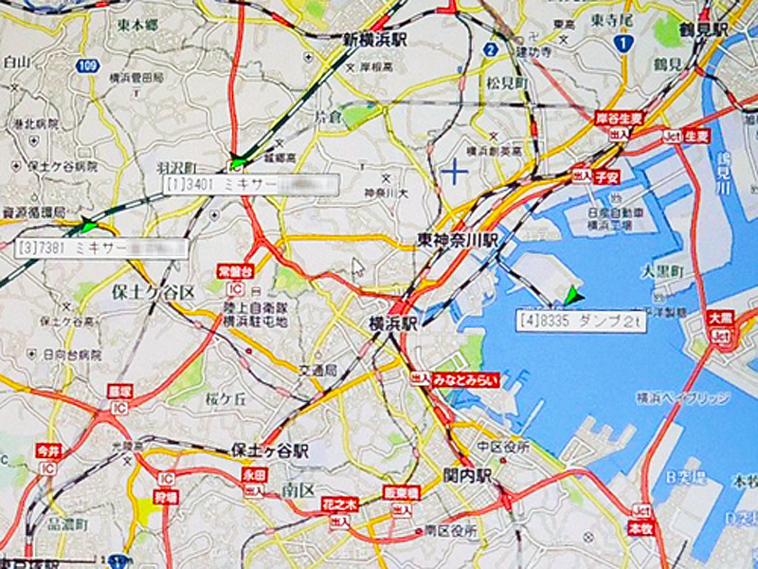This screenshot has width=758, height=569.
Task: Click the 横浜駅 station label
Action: point(393,323)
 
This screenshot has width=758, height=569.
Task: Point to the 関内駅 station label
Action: point(467,475)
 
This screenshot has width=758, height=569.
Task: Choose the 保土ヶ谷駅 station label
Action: point(269,451)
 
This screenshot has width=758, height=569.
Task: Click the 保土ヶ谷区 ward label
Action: point(153,290)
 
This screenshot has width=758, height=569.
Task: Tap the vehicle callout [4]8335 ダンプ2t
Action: point(579,321)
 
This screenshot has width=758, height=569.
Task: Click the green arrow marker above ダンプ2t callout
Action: point(570,297)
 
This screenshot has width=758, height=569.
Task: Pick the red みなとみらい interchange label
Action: point(466,379)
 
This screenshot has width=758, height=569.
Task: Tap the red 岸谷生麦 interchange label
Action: point(620,119)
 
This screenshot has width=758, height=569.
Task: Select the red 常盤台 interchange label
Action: point(234,271)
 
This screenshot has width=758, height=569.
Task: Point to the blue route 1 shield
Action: point(623,43)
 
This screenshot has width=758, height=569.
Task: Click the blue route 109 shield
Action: point(87,65)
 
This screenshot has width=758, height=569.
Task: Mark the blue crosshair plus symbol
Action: point(456,172)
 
